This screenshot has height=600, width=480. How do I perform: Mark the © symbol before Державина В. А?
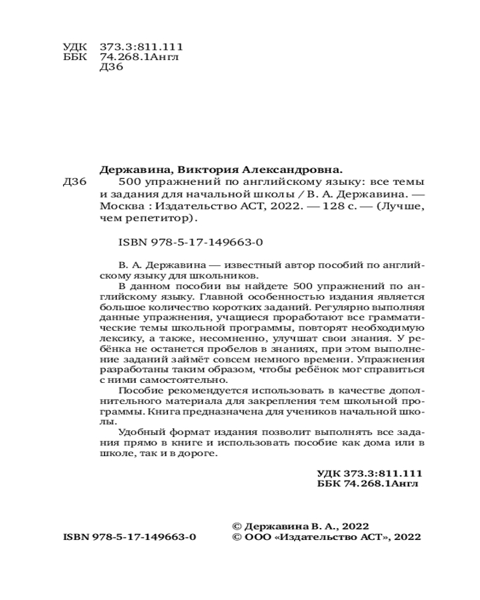pyautogui.click(x=236, y=524)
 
